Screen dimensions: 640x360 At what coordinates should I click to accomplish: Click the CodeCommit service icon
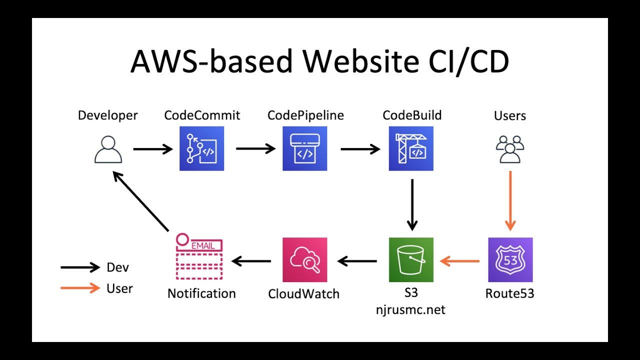(x=201, y=148)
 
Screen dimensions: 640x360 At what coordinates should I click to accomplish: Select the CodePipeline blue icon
(x=305, y=148)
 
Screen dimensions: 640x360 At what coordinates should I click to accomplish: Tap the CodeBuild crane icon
(x=411, y=148)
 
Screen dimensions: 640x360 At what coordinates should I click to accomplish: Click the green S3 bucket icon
(x=411, y=259)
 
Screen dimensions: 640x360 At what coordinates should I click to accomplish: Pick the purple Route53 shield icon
(x=510, y=259)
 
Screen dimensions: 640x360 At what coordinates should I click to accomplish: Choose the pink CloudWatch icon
(x=305, y=259)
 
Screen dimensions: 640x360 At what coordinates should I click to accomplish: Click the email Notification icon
(x=199, y=256)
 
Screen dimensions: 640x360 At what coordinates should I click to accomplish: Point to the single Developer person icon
(x=108, y=149)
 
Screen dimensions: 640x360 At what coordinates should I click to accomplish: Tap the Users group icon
(x=510, y=149)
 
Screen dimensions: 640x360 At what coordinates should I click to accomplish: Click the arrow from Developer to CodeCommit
(x=153, y=149)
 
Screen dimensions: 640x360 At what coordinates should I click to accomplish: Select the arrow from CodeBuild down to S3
(x=412, y=205)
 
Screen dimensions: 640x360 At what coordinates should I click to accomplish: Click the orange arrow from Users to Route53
(x=510, y=201)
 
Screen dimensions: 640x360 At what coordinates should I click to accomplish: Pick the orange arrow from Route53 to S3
(x=459, y=261)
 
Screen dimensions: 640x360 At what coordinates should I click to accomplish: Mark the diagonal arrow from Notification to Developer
(x=141, y=201)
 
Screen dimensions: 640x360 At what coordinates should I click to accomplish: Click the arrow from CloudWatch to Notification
(x=251, y=261)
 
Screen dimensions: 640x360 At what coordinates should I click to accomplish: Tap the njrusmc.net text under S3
(x=410, y=310)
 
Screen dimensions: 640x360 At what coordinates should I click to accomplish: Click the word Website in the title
(x=361, y=61)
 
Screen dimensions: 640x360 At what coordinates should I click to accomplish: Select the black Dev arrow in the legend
(x=80, y=267)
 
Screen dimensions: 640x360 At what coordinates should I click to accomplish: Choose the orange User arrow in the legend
(x=80, y=288)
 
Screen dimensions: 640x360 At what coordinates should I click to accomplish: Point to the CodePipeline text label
(x=305, y=115)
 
